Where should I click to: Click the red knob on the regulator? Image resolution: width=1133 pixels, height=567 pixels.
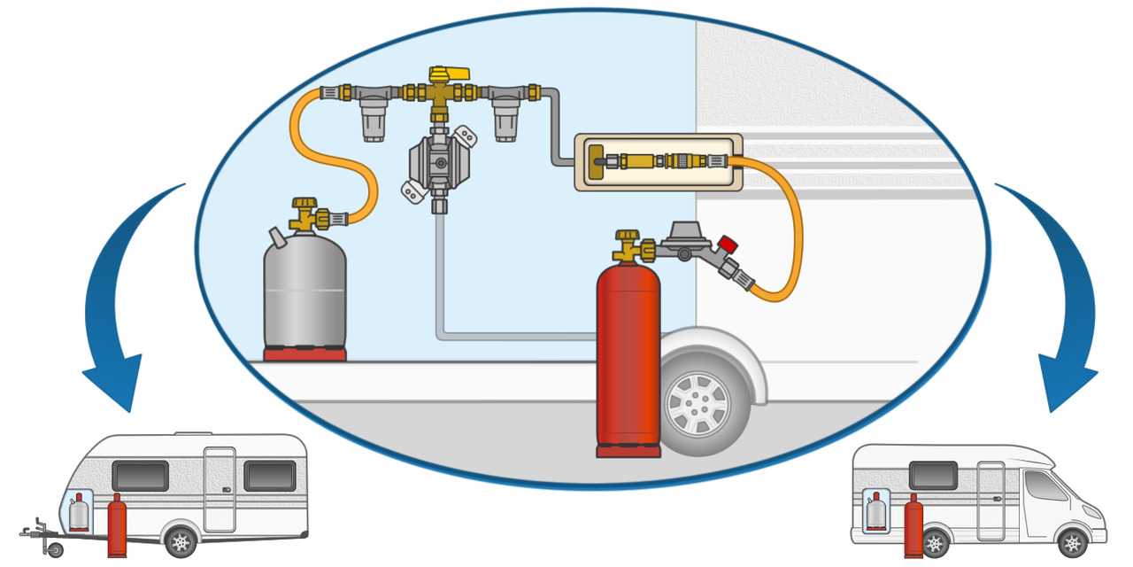point(728,244)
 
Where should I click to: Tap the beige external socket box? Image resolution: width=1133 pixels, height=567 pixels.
point(658,161)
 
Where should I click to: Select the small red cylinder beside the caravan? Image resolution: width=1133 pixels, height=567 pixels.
point(116,527)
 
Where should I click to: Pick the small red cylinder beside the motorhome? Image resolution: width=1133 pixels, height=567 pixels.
point(913,526)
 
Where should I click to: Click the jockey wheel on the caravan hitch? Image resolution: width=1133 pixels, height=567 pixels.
point(56,549)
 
